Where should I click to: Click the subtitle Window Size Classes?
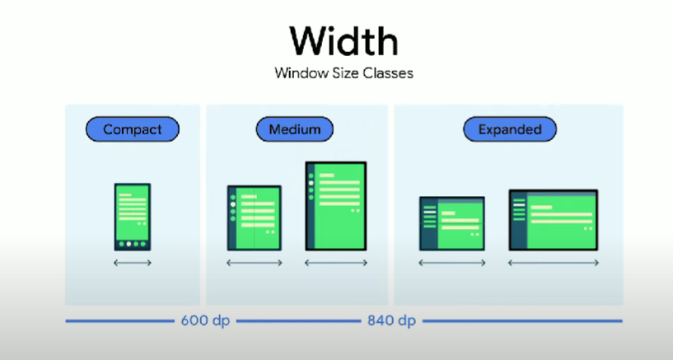pyautogui.click(x=344, y=72)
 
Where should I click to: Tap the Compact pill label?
pyautogui.click(x=132, y=129)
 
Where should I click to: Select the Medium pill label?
pyautogui.click(x=294, y=129)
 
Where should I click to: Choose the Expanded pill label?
pyautogui.click(x=509, y=129)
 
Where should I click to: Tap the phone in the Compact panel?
pyautogui.click(x=133, y=216)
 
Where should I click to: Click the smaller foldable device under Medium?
pyautogui.click(x=255, y=217)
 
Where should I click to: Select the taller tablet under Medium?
pyautogui.click(x=335, y=205)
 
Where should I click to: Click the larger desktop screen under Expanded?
pyautogui.click(x=553, y=219)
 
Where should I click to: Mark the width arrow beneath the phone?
pyautogui.click(x=133, y=263)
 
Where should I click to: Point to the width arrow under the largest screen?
pyautogui.click(x=553, y=263)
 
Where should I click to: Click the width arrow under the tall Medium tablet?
pyautogui.click(x=335, y=263)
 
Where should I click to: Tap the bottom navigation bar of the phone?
pyautogui.click(x=133, y=244)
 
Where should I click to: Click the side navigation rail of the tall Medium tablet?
pyautogui.click(x=311, y=205)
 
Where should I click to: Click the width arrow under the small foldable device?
pyautogui.click(x=255, y=263)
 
